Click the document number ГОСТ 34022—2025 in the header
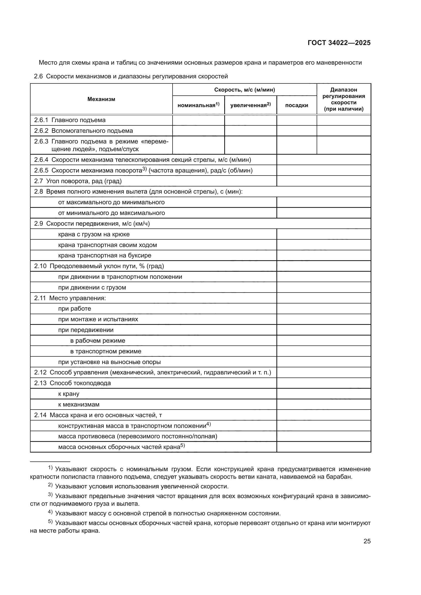pyautogui.click(x=339, y=43)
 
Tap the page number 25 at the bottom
pyautogui.click(x=367, y=541)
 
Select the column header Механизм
pyautogui.click(x=101, y=99)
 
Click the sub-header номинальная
pyautogui.click(x=198, y=105)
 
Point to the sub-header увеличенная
pyautogui.click(x=250, y=105)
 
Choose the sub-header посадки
pyautogui.click(x=297, y=105)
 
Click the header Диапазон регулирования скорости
pyautogui.click(x=343, y=99)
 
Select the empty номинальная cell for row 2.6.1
pyautogui.click(x=198, y=120)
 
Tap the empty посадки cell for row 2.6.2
pyautogui.click(x=297, y=131)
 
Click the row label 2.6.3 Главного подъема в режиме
pyautogui.click(x=101, y=145)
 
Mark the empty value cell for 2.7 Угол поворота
pyautogui.click(x=324, y=181)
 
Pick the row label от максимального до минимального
pyautogui.click(x=111, y=202)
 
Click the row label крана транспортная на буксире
pyautogui.click(x=104, y=255)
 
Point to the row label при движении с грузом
pyautogui.click(x=92, y=287)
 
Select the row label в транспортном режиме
pyautogui.click(x=106, y=351)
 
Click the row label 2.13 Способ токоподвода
pyautogui.click(x=72, y=383)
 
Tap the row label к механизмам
pyautogui.click(x=79, y=404)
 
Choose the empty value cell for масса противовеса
pyautogui.click(x=324, y=437)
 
